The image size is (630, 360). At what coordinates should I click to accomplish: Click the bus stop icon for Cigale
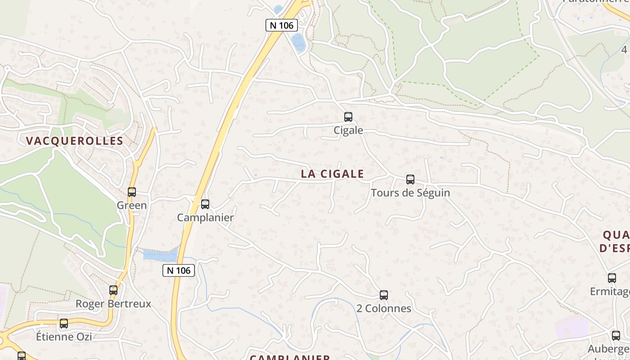click(x=348, y=117)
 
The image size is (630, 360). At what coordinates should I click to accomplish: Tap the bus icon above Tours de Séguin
click(x=410, y=180)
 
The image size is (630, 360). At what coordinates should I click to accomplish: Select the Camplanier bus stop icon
click(x=205, y=204)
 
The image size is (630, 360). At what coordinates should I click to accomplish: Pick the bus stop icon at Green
click(x=131, y=192)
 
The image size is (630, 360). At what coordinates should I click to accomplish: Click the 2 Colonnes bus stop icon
click(x=383, y=295)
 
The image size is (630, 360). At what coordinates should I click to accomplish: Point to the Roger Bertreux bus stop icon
click(x=113, y=290)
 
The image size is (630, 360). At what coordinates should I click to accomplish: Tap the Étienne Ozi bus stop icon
click(x=64, y=323)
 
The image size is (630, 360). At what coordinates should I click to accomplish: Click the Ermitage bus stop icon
click(x=612, y=278)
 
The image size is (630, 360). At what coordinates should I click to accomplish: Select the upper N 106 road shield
click(x=282, y=25)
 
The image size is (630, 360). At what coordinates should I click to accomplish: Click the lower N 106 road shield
click(x=178, y=270)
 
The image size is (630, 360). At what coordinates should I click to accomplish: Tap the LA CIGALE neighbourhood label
click(x=332, y=174)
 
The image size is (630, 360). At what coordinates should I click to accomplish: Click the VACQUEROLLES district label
click(x=74, y=141)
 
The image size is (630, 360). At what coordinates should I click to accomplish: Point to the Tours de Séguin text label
click(x=410, y=193)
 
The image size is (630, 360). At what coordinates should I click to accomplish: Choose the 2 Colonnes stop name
click(x=383, y=309)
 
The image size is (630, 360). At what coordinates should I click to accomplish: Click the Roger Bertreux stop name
click(x=113, y=304)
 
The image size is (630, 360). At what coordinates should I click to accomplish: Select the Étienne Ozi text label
click(x=64, y=337)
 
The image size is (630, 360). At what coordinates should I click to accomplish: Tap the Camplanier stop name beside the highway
click(x=205, y=218)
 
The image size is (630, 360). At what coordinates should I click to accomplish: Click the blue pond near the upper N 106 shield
click(x=298, y=42)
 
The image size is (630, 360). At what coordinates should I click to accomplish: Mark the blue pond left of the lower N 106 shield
click(x=160, y=255)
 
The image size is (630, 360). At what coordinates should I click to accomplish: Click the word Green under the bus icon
click(x=131, y=206)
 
